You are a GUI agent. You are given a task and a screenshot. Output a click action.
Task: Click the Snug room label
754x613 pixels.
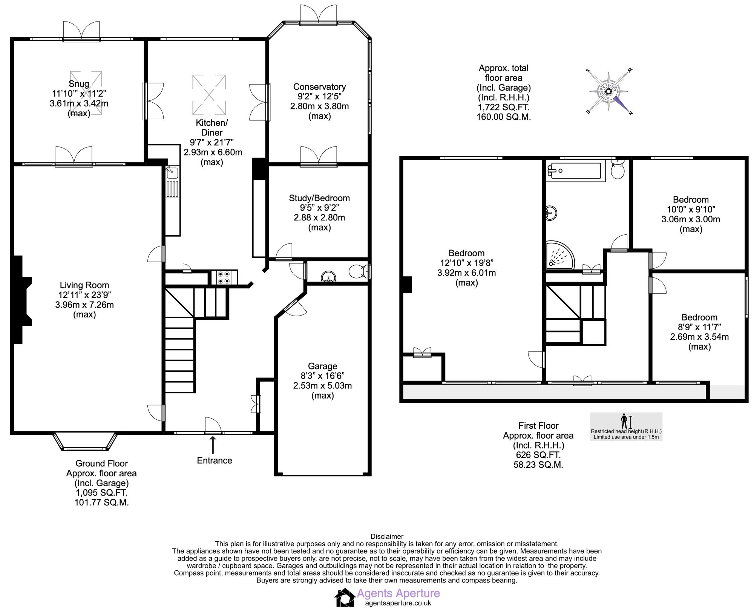[79, 84]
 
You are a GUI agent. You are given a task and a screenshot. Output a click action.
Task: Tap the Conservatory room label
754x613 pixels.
[319, 87]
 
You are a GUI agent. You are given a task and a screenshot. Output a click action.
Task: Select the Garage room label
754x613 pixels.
[322, 366]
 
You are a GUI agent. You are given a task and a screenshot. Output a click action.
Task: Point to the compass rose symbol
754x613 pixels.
[608, 91]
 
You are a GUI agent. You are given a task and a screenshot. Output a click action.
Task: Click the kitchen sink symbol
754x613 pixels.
[172, 173]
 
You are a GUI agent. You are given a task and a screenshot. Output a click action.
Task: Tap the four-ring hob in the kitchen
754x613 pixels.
[224, 277]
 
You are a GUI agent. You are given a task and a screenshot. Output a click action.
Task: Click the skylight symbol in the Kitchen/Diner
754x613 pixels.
[209, 95]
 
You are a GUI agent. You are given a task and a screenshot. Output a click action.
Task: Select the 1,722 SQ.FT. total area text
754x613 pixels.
[503, 107]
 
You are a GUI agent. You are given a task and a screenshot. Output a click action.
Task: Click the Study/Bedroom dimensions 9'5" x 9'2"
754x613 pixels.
[319, 208]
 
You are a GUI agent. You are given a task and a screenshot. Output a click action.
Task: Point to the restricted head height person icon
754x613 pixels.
[624, 421]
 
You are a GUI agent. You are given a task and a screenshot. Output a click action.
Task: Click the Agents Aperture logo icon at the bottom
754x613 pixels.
[345, 598]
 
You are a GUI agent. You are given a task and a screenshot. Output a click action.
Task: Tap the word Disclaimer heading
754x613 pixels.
[387, 536]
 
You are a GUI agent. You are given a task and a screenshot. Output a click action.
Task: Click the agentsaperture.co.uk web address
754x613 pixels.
[398, 603]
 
